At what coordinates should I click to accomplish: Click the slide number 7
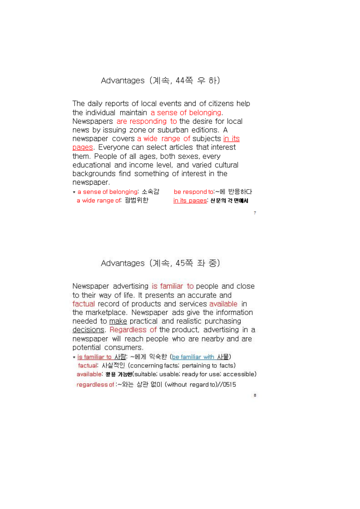[x=255, y=213]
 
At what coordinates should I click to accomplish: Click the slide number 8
[x=255, y=395]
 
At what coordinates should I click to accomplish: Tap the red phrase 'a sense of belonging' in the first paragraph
[x=186, y=113]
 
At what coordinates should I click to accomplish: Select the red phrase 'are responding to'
[x=146, y=121]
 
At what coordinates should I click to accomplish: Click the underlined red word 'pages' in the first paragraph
[x=82, y=147]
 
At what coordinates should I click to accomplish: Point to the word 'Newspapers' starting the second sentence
[x=93, y=121]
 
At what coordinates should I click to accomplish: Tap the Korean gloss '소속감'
[x=150, y=192]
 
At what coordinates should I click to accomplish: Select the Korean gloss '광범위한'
[x=136, y=200]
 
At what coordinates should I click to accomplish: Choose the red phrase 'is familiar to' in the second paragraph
[x=173, y=286]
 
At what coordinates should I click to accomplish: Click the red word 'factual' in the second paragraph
[x=83, y=304]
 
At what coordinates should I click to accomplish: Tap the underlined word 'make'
[x=118, y=321]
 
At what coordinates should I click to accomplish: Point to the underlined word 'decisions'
[x=88, y=330]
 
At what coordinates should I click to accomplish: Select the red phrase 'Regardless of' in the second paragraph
[x=133, y=330]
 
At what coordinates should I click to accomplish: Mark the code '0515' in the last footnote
[x=229, y=385]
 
